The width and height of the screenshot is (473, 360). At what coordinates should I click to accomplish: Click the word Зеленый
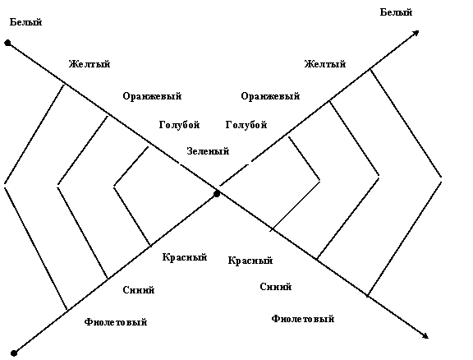coord(208,151)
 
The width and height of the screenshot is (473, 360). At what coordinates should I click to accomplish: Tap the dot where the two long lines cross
coord(217,194)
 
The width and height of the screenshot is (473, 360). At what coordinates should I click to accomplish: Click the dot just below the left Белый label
coord(8,44)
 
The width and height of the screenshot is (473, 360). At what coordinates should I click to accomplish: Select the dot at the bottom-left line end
coord(14,353)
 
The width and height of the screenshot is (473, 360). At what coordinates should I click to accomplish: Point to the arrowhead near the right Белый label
coord(416,33)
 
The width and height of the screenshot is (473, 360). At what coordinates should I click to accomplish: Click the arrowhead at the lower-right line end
coord(425,335)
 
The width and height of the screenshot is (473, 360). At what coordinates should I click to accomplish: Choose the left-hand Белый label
coord(26,22)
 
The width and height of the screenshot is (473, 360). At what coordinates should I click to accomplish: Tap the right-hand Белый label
coord(396,12)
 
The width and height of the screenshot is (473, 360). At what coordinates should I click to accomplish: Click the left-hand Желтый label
coord(90,64)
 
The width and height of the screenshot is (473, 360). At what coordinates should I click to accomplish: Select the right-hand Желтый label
coord(325,64)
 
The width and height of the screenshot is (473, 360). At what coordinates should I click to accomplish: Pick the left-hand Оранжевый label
coord(152,96)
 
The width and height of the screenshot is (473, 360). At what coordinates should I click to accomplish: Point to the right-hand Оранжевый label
coord(270,96)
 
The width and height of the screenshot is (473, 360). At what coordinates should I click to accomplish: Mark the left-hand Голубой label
coord(180,125)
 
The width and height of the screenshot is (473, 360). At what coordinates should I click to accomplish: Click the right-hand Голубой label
coord(246,125)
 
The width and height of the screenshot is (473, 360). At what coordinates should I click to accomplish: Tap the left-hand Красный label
coord(185,257)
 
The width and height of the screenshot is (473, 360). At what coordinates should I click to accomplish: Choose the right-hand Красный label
coord(250,261)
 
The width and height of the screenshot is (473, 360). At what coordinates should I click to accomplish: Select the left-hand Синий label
coord(139,290)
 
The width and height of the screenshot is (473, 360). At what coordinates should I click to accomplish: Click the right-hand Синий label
coord(276,287)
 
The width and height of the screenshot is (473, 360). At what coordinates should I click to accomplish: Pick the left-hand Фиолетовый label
coord(116,322)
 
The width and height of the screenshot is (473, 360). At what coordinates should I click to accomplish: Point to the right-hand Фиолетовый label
coord(303,319)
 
